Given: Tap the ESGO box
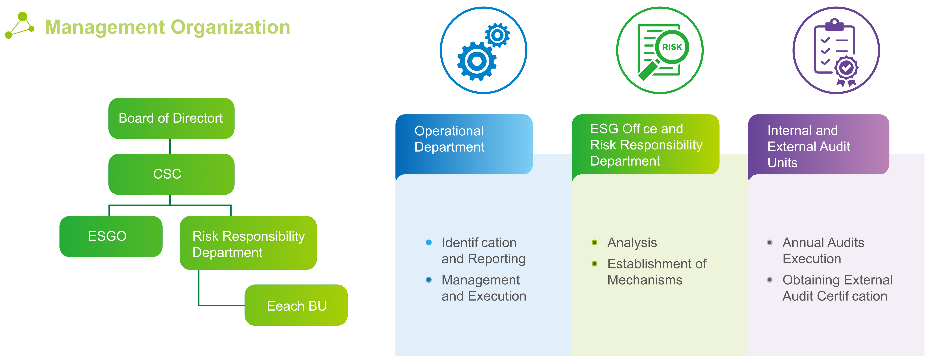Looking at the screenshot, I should (x=111, y=236).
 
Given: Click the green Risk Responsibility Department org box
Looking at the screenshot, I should (x=248, y=243).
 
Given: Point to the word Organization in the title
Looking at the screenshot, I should (x=230, y=27).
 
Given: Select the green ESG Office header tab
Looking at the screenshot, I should (x=645, y=144).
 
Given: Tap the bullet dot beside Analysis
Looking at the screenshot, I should (x=594, y=242).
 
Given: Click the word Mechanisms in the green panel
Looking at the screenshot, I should (x=645, y=280).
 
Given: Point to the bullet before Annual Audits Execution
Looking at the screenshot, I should (x=770, y=242).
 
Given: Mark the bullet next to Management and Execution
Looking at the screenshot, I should (x=429, y=280).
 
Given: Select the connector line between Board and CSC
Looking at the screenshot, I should (x=170, y=147).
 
